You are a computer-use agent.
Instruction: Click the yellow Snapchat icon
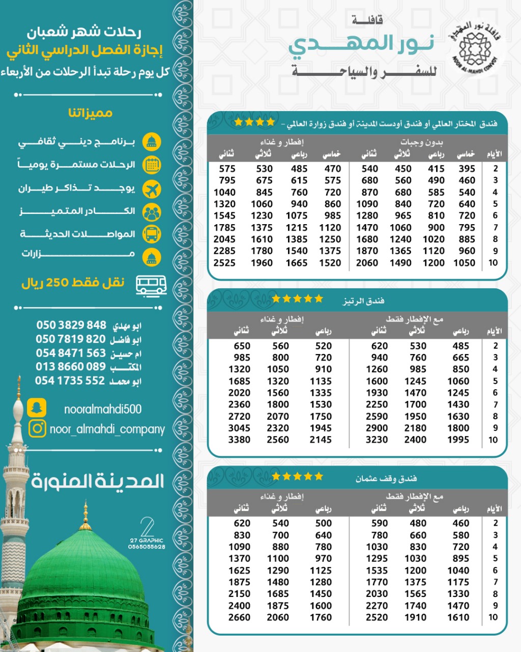pyautogui.click(x=36, y=408)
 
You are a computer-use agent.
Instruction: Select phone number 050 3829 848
pyautogui.click(x=71, y=325)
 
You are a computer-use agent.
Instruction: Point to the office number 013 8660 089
pyautogui.click(x=71, y=367)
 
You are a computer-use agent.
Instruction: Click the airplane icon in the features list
pyautogui.click(x=152, y=189)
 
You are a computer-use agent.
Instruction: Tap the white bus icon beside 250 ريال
pyautogui.click(x=151, y=285)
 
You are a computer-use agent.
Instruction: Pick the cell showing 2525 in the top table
pyautogui.click(x=224, y=263)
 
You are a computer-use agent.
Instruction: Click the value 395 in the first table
pyautogui.click(x=467, y=169)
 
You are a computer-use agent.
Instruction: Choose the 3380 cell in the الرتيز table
pyautogui.click(x=239, y=440)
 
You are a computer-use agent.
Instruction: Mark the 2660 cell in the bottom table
pyautogui.click(x=239, y=617)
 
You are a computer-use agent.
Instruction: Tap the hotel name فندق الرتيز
pyautogui.click(x=363, y=301)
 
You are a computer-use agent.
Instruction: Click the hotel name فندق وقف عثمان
pyautogui.click(x=386, y=478)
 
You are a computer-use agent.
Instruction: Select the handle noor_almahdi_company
pyautogui.click(x=107, y=429)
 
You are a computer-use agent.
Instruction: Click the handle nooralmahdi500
pyautogui.click(x=103, y=409)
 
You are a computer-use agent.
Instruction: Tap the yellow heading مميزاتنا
pyautogui.click(x=90, y=113)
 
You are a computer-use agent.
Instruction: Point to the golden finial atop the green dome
pyautogui.click(x=85, y=514)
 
